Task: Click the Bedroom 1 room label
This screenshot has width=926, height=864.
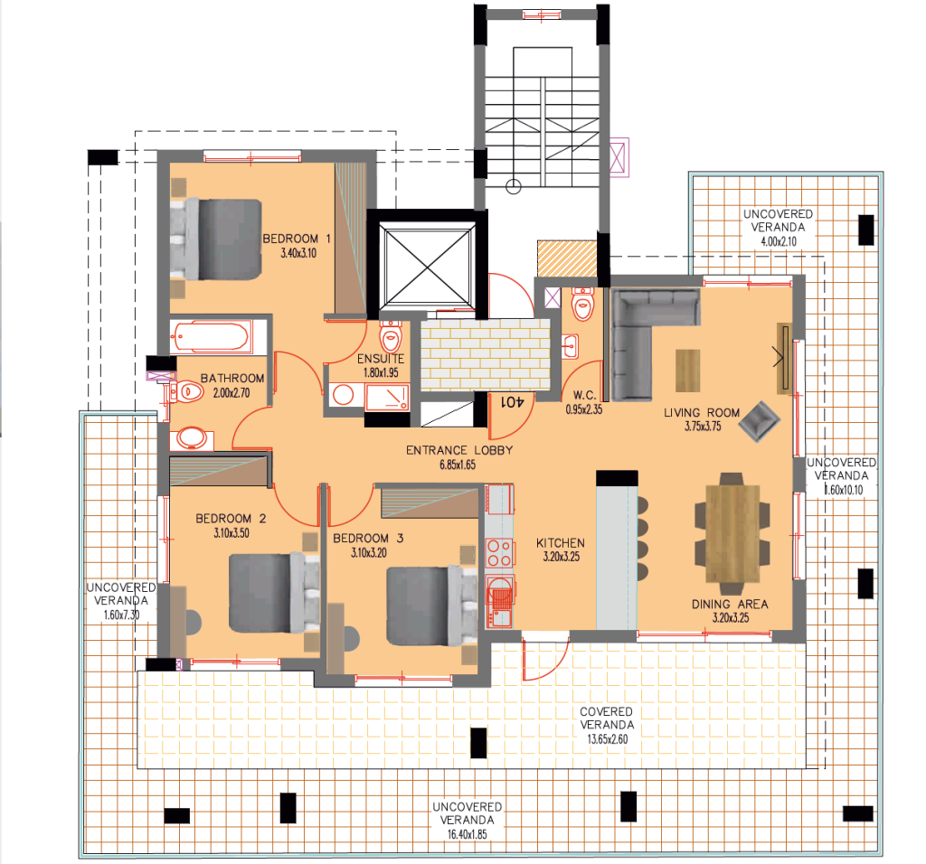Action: (297, 239)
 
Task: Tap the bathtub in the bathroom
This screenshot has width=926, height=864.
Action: (211, 337)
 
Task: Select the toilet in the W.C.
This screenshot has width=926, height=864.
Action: (582, 304)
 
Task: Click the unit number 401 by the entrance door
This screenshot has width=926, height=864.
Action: (512, 402)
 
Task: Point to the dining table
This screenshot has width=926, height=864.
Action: (732, 533)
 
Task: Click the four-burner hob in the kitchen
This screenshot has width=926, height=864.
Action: (499, 554)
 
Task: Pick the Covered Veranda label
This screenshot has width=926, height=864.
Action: (606, 718)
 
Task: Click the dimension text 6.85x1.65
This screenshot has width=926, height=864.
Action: (457, 465)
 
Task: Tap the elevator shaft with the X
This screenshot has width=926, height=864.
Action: (427, 266)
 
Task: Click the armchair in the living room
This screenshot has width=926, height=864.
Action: (760, 421)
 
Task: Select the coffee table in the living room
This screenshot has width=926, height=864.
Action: (687, 371)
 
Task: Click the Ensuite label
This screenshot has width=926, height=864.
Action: (381, 359)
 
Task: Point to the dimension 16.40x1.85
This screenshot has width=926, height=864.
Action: (467, 834)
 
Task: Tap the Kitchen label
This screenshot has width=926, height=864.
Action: (561, 543)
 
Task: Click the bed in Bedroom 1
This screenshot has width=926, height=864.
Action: (216, 239)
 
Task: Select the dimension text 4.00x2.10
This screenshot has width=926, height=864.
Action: (779, 241)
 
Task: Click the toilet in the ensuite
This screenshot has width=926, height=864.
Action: (391, 336)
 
